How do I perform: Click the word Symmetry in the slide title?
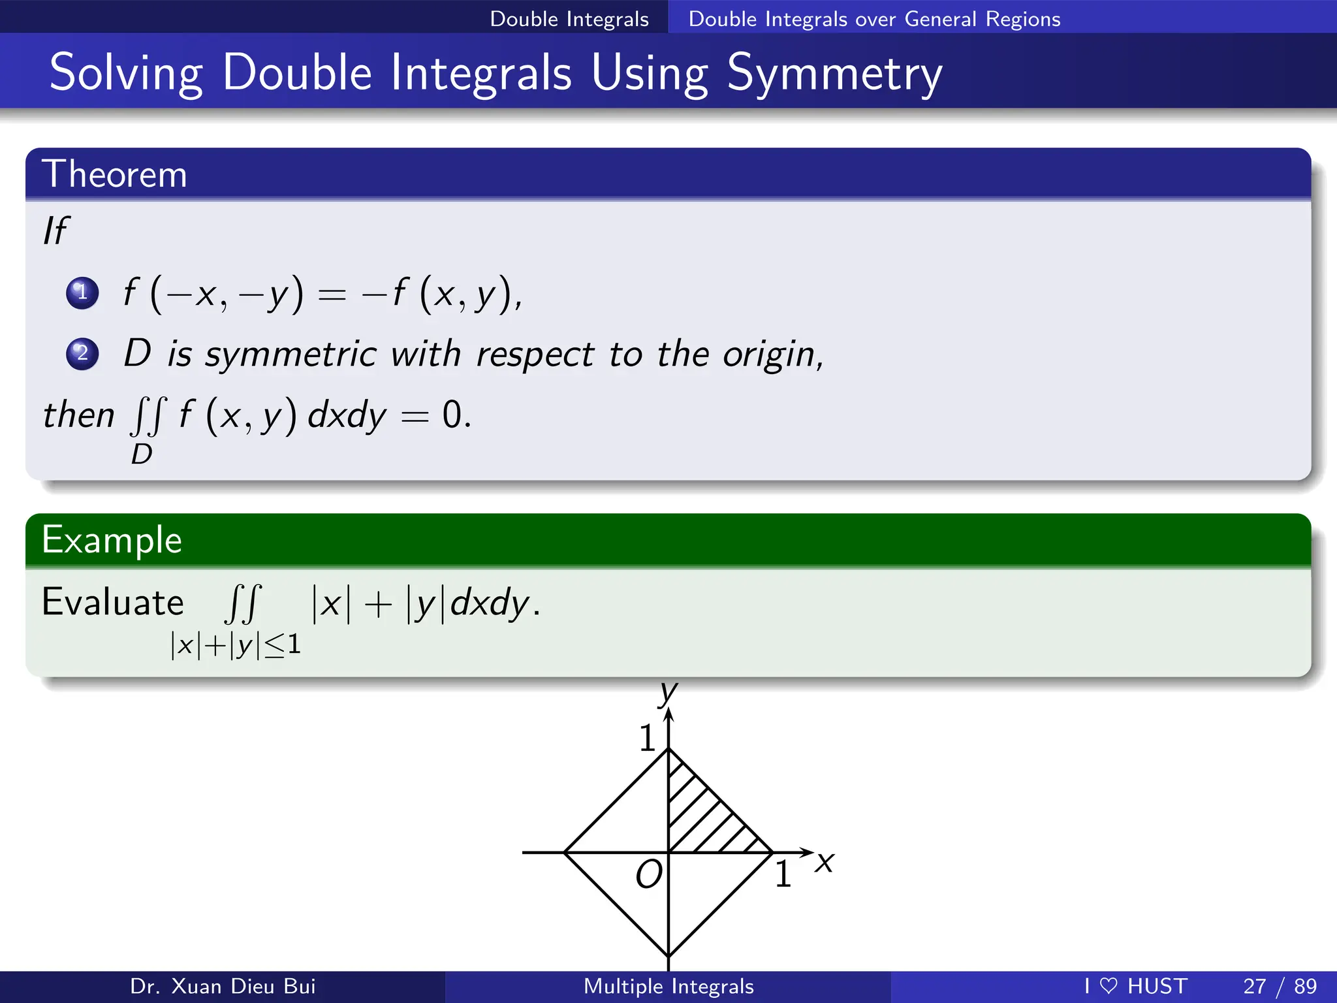(x=834, y=73)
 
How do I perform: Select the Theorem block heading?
(x=114, y=174)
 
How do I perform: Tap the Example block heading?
(x=112, y=540)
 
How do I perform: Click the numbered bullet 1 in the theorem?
(x=82, y=293)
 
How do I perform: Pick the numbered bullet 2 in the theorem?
(x=82, y=354)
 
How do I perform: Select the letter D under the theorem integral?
(x=142, y=454)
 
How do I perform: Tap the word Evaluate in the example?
(x=112, y=602)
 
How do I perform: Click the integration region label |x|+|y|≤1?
(x=235, y=645)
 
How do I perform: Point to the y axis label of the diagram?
(x=668, y=692)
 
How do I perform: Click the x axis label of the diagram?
(x=825, y=862)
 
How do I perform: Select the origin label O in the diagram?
(x=649, y=874)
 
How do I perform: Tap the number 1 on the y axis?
(x=647, y=739)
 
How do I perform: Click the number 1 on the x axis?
(x=783, y=874)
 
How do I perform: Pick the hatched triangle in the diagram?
(x=702, y=816)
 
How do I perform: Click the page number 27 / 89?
(x=1280, y=986)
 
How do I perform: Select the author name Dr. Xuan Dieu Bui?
(x=223, y=986)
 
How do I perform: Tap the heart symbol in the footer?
(x=1109, y=986)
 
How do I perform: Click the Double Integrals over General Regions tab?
(x=874, y=18)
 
